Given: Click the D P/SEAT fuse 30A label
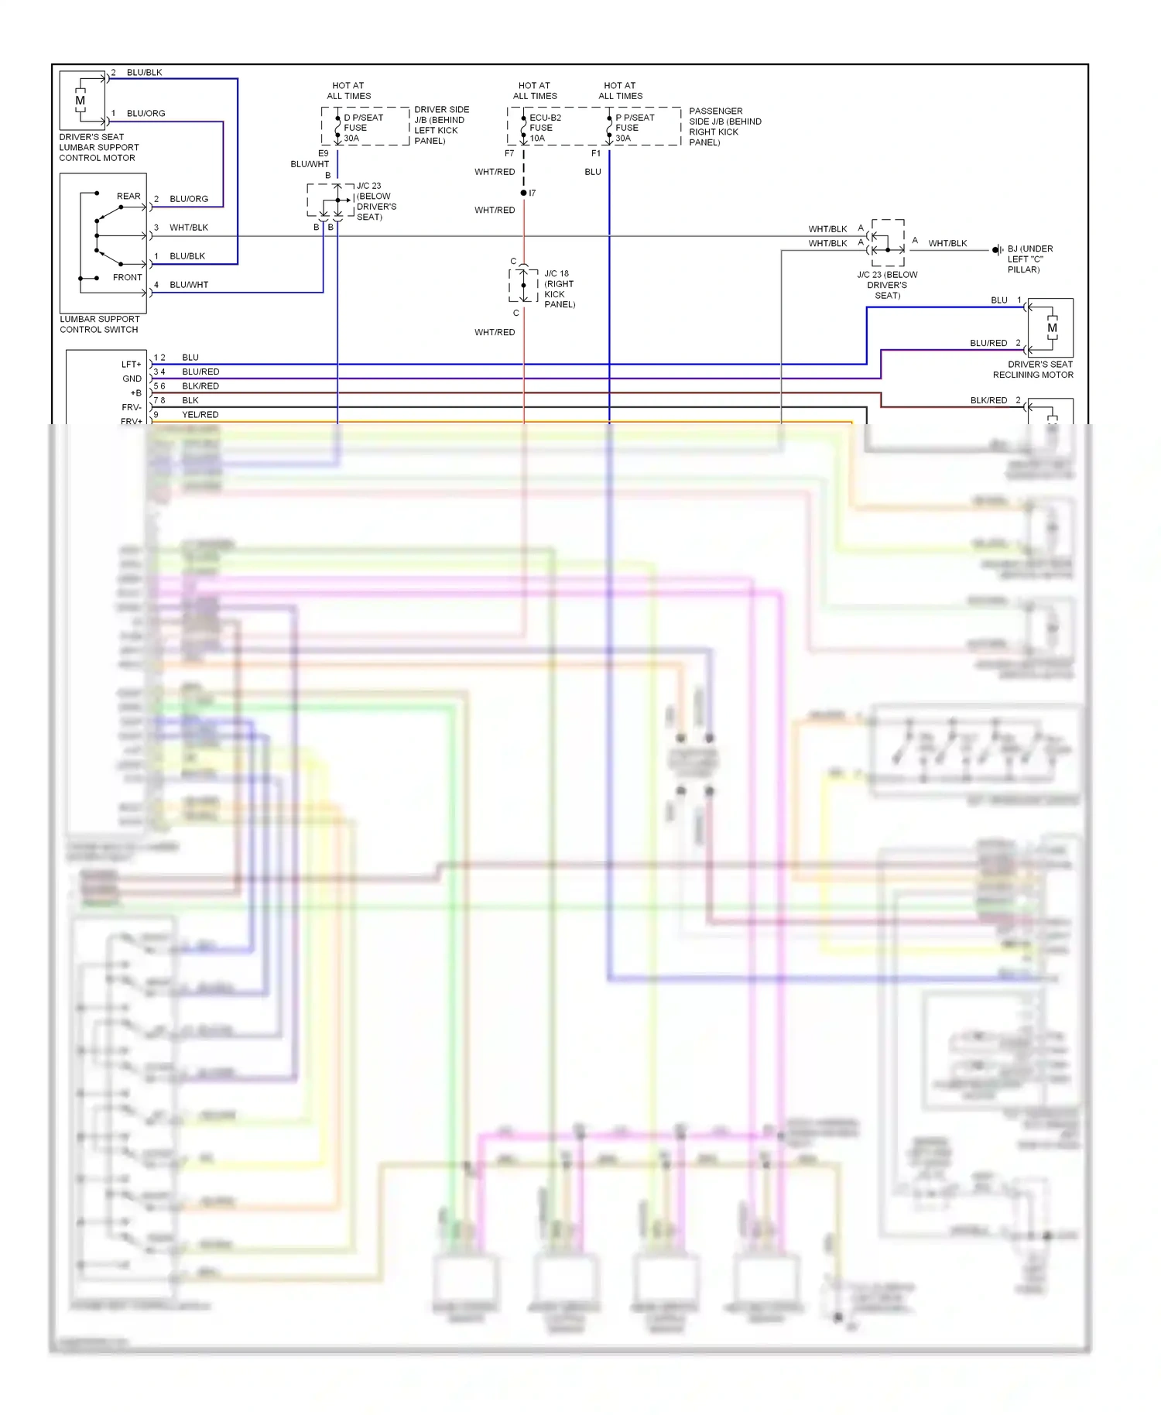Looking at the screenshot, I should pyautogui.click(x=362, y=128).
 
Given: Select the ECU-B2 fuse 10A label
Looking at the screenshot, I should pyautogui.click(x=544, y=128).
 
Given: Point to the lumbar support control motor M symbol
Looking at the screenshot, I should pyautogui.click(x=80, y=101).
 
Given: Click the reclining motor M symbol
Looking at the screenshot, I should pyautogui.click(x=1052, y=328).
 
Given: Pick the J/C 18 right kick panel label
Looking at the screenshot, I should pyautogui.click(x=559, y=289).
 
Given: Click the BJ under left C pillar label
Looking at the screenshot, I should pyautogui.click(x=1029, y=259).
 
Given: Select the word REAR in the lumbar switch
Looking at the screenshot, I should pyautogui.click(x=128, y=196).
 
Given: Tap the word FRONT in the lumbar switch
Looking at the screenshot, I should pyautogui.click(x=128, y=277).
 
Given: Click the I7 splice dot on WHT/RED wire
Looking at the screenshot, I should pyautogui.click(x=524, y=193).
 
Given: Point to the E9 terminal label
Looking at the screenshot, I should pyautogui.click(x=324, y=153).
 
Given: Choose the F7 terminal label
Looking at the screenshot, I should pyautogui.click(x=509, y=153).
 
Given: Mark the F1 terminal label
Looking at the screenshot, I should pyautogui.click(x=596, y=153).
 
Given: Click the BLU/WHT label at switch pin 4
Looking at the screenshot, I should pyautogui.click(x=189, y=285).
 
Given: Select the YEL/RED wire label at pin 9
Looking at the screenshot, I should pyautogui.click(x=200, y=415).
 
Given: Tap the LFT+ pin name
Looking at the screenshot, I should pyautogui.click(x=131, y=364).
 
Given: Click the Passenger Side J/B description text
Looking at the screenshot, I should pyautogui.click(x=724, y=127).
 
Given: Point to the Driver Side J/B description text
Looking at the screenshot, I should pyautogui.click(x=441, y=125).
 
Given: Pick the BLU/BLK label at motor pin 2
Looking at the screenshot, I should pyautogui.click(x=144, y=73).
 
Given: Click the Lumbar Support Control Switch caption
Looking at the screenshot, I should pyautogui.click(x=100, y=324).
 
